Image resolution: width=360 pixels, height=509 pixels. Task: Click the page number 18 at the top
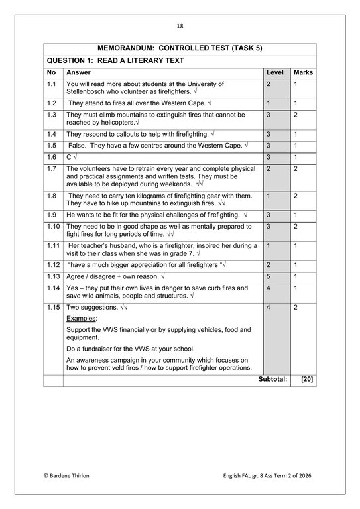180,26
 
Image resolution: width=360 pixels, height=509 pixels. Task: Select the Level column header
274,72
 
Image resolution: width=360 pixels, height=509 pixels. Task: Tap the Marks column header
303,72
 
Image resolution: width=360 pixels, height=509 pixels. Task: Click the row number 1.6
52,157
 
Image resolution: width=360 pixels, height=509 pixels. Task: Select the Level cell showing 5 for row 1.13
269,275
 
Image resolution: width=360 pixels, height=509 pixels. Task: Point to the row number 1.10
54,227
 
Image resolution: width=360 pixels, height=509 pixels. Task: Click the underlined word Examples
82,319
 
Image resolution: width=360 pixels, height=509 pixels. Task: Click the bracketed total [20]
306,380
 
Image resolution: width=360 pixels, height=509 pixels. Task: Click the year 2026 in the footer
306,476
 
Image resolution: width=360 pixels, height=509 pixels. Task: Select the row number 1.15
54,308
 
